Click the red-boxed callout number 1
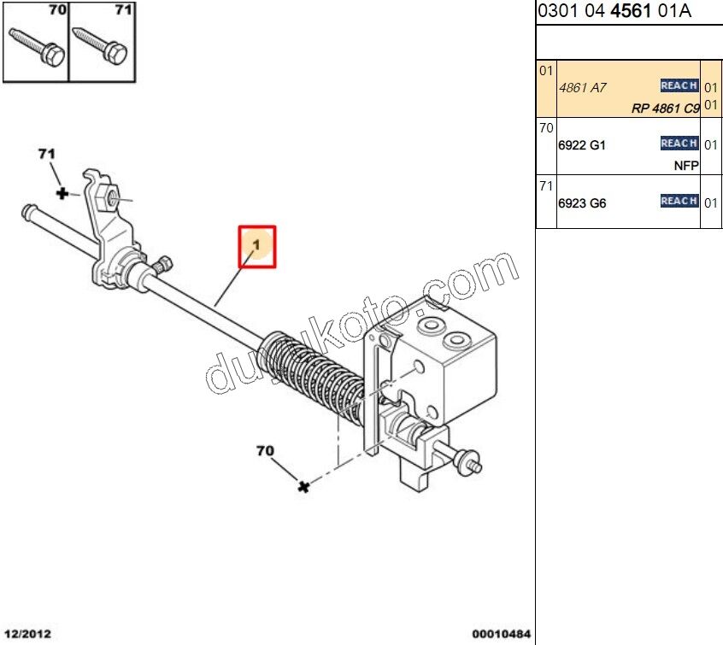pyautogui.click(x=256, y=246)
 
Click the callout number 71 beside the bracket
pyautogui.click(x=46, y=154)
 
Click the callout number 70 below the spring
pyautogui.click(x=265, y=449)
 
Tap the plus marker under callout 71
pyautogui.click(x=62, y=194)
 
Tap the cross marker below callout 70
pyautogui.click(x=303, y=486)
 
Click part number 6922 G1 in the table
pyautogui.click(x=581, y=145)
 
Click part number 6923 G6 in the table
pyautogui.click(x=581, y=203)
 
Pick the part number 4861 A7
pyautogui.click(x=577, y=87)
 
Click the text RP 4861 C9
pyautogui.click(x=665, y=108)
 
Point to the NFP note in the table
pyautogui.click(x=686, y=165)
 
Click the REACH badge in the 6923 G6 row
pyautogui.click(x=679, y=201)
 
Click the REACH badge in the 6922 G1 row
pyautogui.click(x=679, y=143)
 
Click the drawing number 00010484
pyautogui.click(x=501, y=634)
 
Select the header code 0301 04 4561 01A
pyautogui.click(x=614, y=11)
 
